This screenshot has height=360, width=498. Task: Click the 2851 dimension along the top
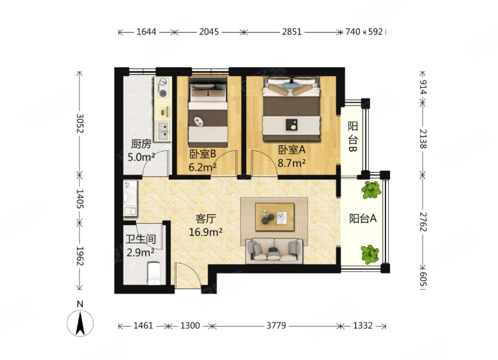click(292, 32)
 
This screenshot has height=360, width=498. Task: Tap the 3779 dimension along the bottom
click(276, 325)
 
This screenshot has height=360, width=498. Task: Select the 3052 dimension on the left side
click(80, 123)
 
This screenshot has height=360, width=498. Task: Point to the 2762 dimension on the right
click(423, 222)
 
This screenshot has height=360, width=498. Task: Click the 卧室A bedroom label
click(292, 150)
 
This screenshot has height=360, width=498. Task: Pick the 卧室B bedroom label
click(203, 154)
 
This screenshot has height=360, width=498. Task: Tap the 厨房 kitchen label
click(141, 144)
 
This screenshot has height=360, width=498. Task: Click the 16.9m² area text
click(205, 232)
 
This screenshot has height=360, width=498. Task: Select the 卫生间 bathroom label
click(141, 239)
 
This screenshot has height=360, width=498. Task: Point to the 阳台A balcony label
click(363, 219)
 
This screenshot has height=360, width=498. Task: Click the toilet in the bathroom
click(155, 273)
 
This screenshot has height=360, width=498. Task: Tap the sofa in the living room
click(274, 251)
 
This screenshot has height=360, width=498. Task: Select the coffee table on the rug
click(275, 217)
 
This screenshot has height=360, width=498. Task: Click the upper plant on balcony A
click(371, 190)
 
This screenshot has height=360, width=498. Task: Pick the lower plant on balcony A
click(370, 254)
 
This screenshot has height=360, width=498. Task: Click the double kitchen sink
click(163, 131)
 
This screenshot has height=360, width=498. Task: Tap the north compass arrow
click(80, 323)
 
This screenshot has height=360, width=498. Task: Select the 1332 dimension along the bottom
click(362, 325)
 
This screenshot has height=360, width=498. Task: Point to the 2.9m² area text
click(141, 253)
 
